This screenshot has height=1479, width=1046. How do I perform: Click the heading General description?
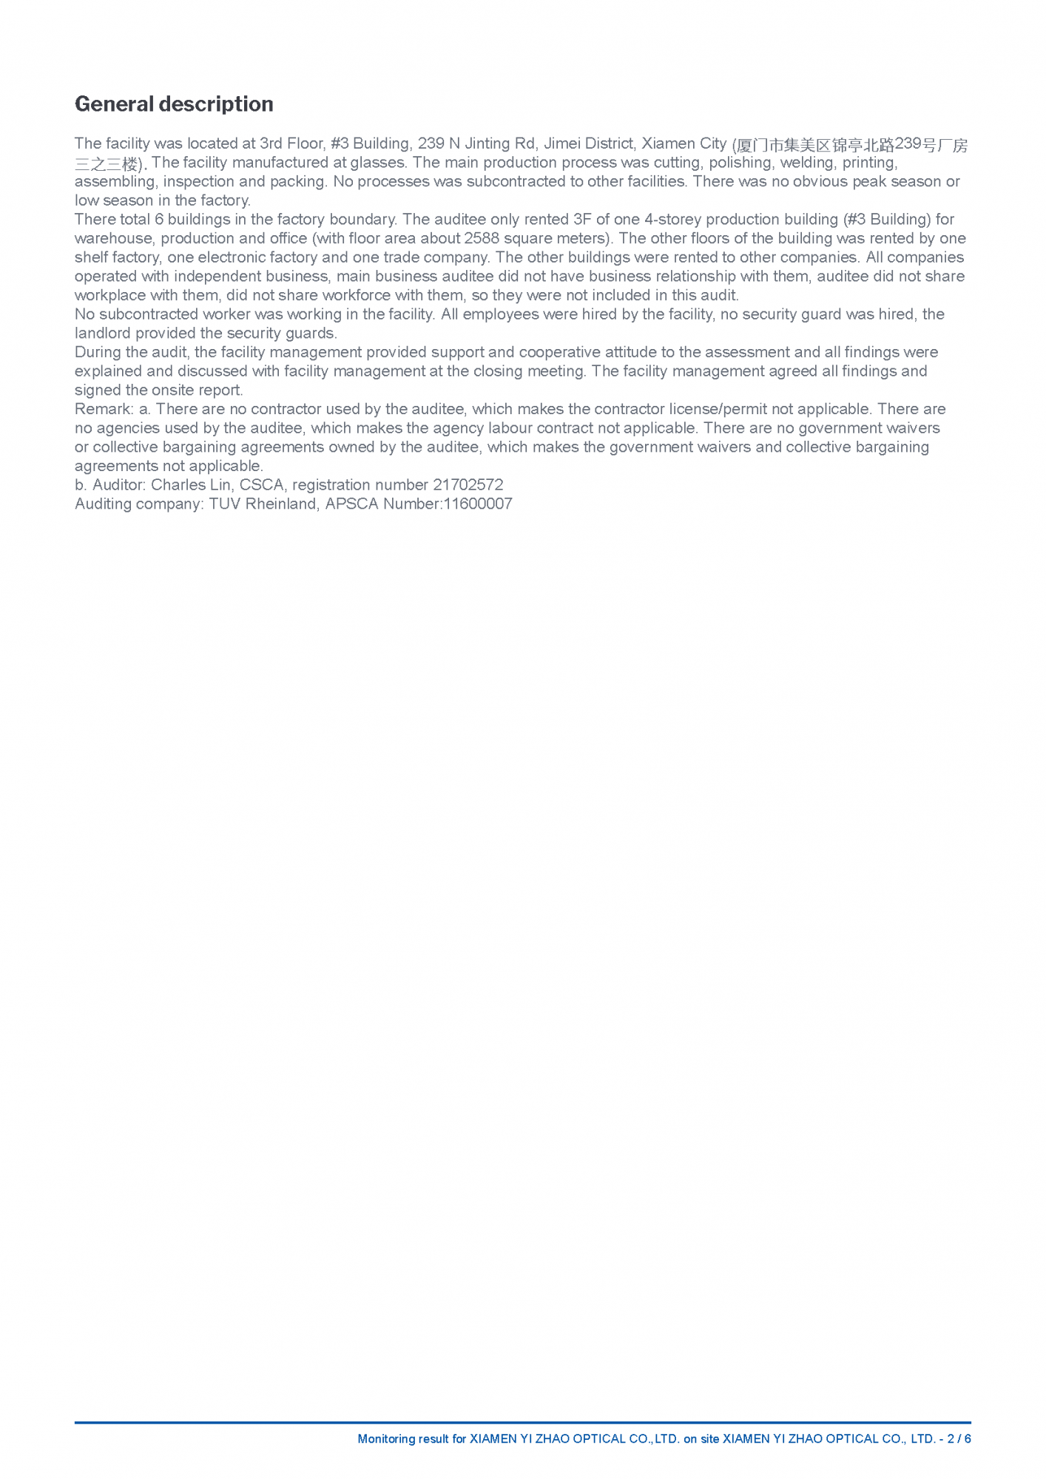pyautogui.click(x=174, y=104)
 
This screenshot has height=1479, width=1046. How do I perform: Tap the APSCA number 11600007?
pyautogui.click(x=478, y=504)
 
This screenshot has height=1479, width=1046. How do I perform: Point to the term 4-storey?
pyautogui.click(x=672, y=220)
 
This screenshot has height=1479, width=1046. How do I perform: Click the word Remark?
pyautogui.click(x=103, y=409)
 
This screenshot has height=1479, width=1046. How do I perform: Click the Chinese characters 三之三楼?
pyautogui.click(x=107, y=164)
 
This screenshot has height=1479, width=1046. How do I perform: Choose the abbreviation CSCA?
pyautogui.click(x=262, y=485)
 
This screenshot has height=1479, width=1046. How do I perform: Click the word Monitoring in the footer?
pyautogui.click(x=387, y=1439)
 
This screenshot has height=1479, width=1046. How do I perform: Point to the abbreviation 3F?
pyautogui.click(x=582, y=220)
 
